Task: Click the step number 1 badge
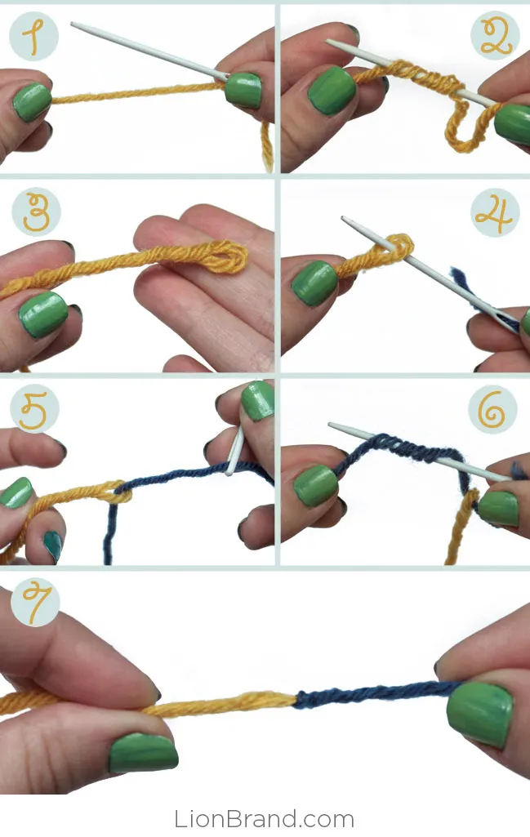(33, 37)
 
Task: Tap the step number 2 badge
(495, 36)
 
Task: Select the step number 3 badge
(36, 212)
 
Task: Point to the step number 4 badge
(495, 213)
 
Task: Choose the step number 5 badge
(34, 408)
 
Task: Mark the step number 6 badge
(492, 409)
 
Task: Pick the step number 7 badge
(36, 603)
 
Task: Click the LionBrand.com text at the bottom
(265, 819)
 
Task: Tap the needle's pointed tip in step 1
(73, 24)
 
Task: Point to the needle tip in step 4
(344, 218)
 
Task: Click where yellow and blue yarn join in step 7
(295, 697)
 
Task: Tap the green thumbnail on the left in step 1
(32, 101)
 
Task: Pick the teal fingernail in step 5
(53, 545)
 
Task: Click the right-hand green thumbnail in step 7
(479, 714)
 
